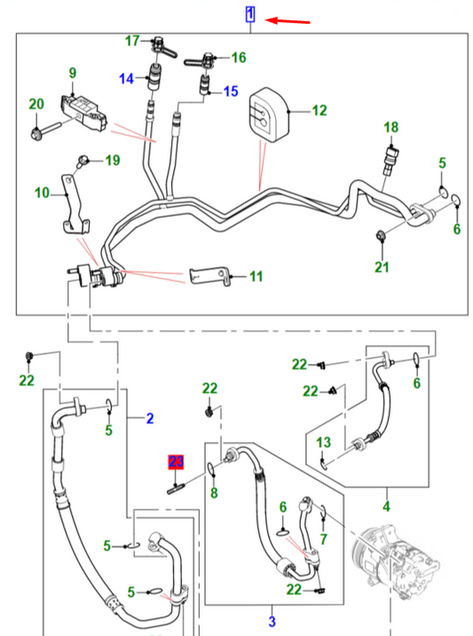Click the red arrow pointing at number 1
(x=288, y=20)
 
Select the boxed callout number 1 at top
(x=250, y=14)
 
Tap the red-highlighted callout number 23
(x=176, y=462)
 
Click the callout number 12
(x=319, y=110)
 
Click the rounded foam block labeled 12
(x=268, y=115)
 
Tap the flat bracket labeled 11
(x=209, y=275)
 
